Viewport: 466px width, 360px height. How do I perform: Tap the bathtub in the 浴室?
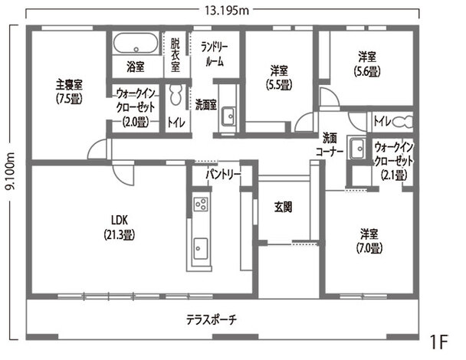[x=136, y=42]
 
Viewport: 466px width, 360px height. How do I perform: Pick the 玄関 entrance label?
[x=283, y=206]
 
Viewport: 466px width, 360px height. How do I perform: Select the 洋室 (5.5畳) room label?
[x=277, y=75]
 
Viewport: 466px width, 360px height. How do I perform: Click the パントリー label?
[x=223, y=175]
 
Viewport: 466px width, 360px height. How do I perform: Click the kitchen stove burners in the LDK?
[x=201, y=205]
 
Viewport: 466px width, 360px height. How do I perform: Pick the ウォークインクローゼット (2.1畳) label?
[x=394, y=159]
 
